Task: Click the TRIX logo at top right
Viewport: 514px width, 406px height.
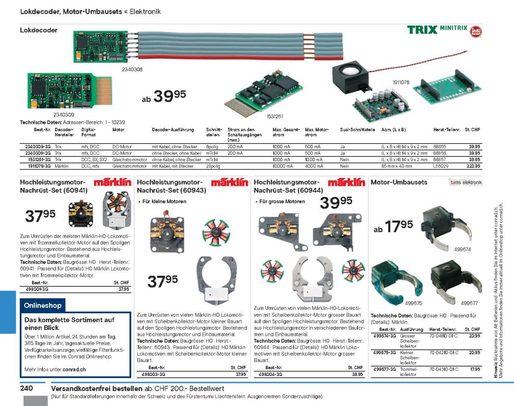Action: (422, 30)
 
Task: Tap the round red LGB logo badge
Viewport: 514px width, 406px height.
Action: (476, 32)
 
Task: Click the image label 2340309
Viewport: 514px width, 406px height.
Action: (64, 115)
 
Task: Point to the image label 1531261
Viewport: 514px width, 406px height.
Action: (275, 117)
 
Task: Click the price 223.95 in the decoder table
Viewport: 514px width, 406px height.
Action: (473, 166)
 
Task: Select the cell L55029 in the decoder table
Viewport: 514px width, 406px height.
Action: (441, 166)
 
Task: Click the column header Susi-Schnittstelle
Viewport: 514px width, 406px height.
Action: (357, 129)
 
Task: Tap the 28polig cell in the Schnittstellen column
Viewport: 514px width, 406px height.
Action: (213, 166)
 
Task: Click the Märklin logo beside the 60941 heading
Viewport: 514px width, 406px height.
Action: (112, 182)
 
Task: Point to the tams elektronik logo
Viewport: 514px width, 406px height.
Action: (466, 182)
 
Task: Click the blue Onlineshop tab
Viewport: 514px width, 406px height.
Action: (42, 305)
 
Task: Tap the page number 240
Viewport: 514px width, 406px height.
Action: (27, 388)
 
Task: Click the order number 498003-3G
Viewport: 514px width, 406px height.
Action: (154, 374)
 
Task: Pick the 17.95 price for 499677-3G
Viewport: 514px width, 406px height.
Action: (475, 369)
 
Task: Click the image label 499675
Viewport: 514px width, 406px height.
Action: (414, 303)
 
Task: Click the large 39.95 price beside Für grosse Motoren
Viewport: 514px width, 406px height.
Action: (336, 203)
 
